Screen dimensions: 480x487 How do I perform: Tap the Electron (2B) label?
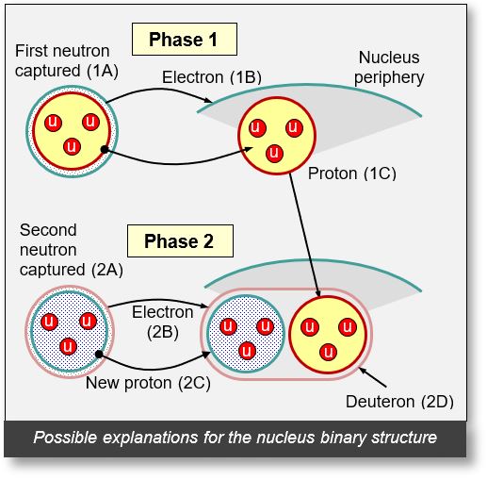pyautogui.click(x=162, y=321)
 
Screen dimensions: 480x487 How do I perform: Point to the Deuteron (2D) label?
pyautogui.click(x=412, y=401)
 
